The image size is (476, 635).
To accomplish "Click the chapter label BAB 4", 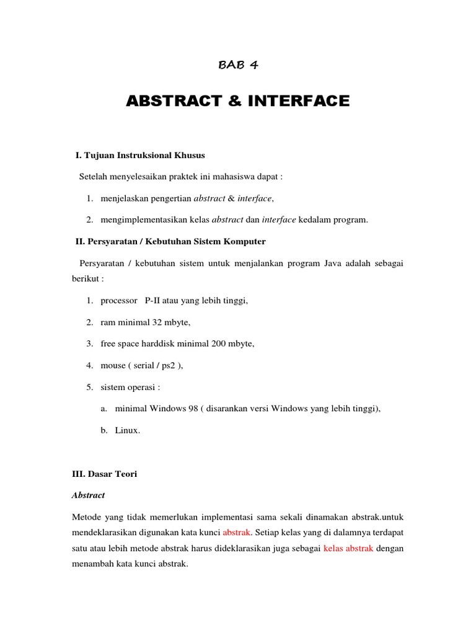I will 238,65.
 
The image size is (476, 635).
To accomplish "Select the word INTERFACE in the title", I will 290,100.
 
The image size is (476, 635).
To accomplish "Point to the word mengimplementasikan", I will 141,219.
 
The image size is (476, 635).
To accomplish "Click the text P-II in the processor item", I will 154,301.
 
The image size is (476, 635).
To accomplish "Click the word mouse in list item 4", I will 112,365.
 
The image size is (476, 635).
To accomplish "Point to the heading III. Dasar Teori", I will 104,474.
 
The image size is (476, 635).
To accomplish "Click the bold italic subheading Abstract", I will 89,495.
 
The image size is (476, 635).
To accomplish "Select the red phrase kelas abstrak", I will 348,549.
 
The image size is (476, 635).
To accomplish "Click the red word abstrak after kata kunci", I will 237,533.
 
